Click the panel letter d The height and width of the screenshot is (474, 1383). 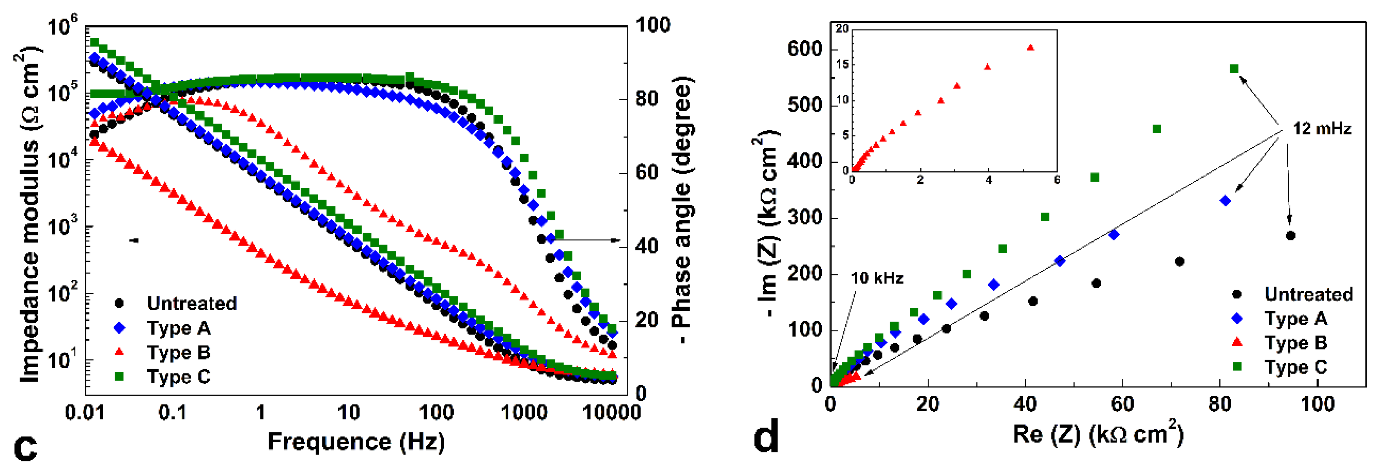tap(766, 437)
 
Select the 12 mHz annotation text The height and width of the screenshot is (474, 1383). tap(1322, 129)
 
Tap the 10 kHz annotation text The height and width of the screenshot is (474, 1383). tap(877, 278)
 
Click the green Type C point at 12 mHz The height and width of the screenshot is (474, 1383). tap(1234, 68)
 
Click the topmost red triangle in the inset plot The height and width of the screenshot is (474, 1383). tap(1030, 47)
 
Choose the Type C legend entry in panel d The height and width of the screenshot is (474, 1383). tap(1295, 367)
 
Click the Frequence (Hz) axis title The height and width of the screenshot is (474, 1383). tap(356, 441)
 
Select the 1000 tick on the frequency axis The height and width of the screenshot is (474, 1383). tap(524, 413)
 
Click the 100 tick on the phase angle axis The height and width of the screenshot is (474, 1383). tap(652, 25)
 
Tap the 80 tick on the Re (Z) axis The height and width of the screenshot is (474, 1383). tap(1220, 403)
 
